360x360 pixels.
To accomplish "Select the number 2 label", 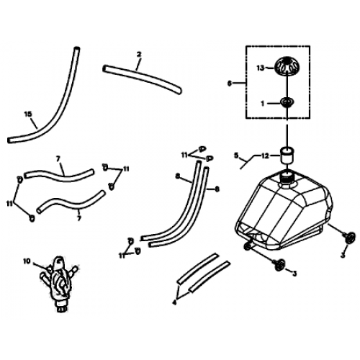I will coord(138,54).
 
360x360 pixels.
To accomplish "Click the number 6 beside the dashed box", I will coord(230,84).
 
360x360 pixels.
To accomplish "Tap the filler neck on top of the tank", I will coord(289,177).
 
